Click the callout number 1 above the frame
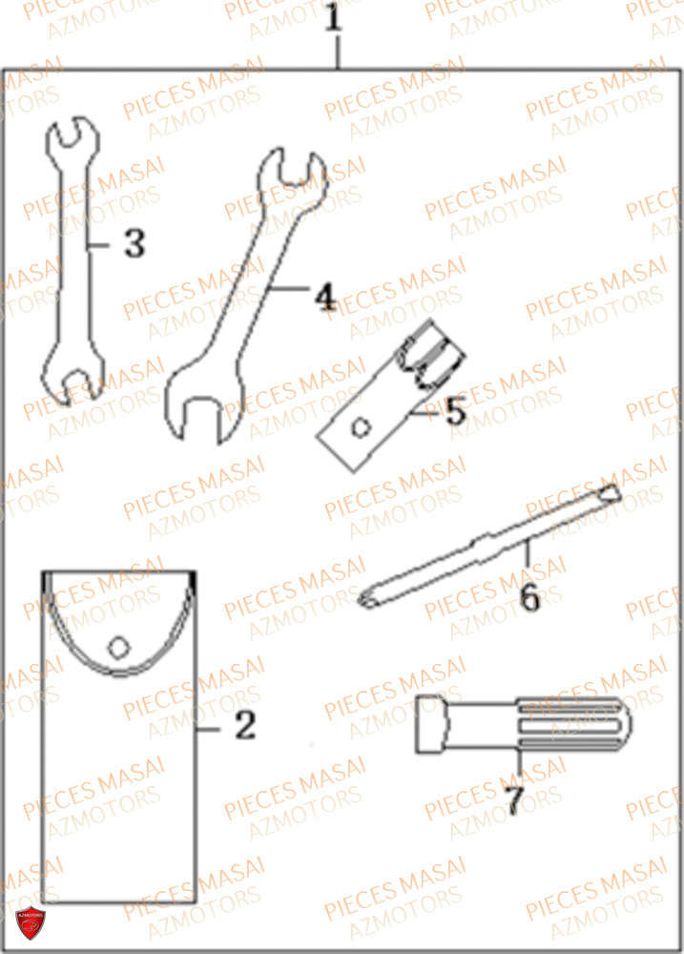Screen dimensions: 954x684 [332, 18]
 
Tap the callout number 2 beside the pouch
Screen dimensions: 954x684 [245, 727]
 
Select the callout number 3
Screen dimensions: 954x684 [135, 244]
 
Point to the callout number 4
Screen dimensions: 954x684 [326, 298]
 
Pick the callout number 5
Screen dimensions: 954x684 [455, 412]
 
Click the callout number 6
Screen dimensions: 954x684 [530, 598]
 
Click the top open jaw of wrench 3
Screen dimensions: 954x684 [73, 136]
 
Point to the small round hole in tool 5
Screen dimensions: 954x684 [362, 425]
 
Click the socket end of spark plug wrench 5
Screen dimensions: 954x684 [437, 352]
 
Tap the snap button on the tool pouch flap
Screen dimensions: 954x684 [117, 647]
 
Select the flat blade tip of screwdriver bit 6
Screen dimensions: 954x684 [609, 492]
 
